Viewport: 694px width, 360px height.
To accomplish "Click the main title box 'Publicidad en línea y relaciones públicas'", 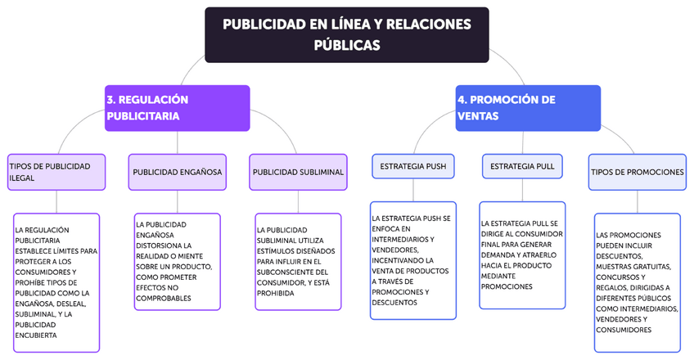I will (346, 34).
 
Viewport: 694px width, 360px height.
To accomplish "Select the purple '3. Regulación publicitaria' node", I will (177, 108).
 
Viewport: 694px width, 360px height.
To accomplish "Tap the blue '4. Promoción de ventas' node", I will (528, 108).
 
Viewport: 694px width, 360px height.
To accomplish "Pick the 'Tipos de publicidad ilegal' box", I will (56, 172).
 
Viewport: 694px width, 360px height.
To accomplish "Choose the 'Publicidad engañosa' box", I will (178, 172).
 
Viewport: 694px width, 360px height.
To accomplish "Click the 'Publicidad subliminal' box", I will (298, 172).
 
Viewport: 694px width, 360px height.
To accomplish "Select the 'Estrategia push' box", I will (413, 166).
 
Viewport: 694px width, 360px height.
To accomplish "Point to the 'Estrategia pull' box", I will (522, 166).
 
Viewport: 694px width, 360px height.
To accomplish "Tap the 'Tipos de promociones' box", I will (638, 172).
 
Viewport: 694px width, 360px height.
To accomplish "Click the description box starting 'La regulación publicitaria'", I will (56, 282).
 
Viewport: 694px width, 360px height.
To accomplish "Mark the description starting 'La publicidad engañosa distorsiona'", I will (178, 261).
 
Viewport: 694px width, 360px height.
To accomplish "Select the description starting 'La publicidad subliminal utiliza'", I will (298, 261).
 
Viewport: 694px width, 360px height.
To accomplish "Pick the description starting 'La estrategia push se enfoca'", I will (413, 260).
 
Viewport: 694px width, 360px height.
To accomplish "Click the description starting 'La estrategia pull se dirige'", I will (522, 254).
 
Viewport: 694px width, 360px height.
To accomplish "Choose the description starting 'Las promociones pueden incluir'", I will (638, 282).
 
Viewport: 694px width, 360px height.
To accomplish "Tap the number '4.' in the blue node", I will (462, 100).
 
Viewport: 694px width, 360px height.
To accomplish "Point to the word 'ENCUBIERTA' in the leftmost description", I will (36, 335).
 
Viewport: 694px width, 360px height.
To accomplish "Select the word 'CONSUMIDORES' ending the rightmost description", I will (624, 330).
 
